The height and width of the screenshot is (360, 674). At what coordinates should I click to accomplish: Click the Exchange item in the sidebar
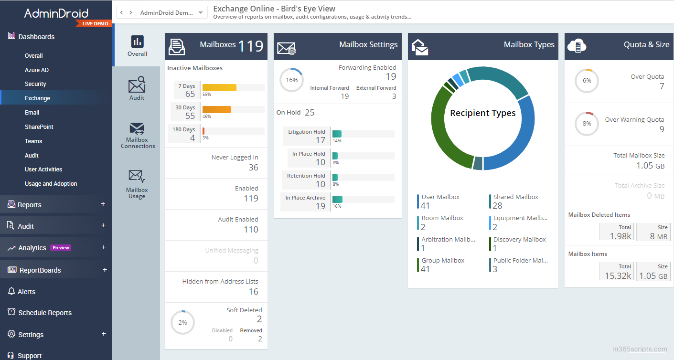click(x=37, y=98)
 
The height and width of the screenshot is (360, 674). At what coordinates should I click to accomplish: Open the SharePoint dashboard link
click(x=39, y=127)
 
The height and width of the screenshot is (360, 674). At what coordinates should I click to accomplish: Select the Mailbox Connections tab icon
click(x=137, y=129)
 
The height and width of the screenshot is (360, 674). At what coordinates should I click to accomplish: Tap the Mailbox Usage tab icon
click(x=137, y=177)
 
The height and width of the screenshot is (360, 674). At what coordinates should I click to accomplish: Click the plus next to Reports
click(x=103, y=204)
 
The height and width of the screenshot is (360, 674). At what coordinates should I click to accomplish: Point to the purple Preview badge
click(x=61, y=248)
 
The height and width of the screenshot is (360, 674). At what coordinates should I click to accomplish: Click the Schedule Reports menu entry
click(x=45, y=313)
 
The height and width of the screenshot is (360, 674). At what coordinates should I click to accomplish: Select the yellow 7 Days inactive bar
click(x=219, y=87)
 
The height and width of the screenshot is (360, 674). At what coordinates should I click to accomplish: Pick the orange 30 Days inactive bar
click(x=217, y=109)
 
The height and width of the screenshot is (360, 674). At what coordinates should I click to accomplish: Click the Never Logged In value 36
click(x=253, y=168)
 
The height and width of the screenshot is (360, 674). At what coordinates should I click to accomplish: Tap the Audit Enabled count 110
click(x=251, y=230)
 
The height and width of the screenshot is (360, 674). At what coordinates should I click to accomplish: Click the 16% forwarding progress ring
click(x=291, y=80)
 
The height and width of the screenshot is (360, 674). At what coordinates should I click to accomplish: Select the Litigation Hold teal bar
click(x=337, y=134)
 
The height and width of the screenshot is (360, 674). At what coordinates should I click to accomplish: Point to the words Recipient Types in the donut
click(x=483, y=113)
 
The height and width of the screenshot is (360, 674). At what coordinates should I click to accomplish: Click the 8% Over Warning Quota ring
click(x=587, y=124)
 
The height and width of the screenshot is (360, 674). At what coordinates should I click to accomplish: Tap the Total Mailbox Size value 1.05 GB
click(x=650, y=166)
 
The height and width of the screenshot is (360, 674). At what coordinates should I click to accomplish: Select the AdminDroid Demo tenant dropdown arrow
click(x=201, y=13)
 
